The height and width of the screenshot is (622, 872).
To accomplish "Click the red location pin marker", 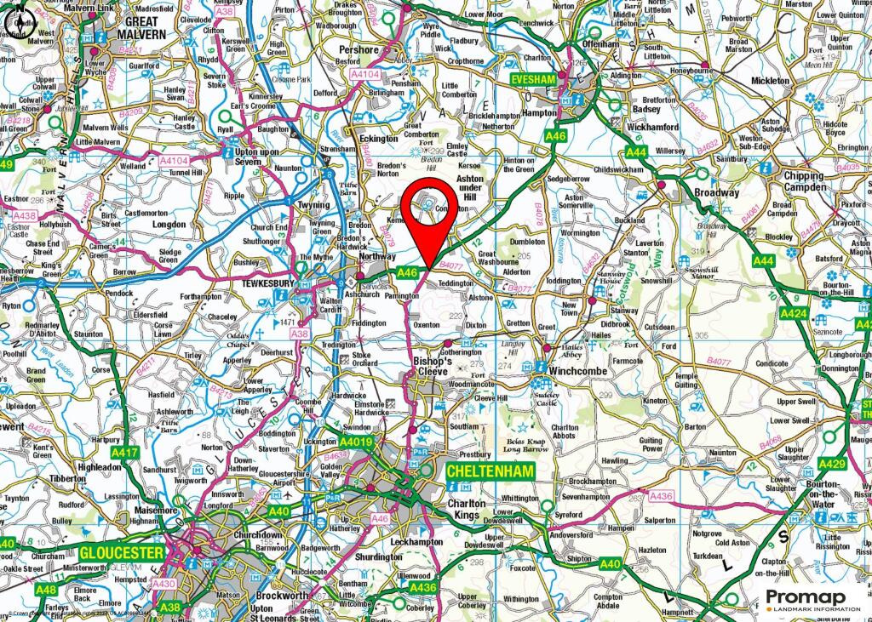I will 427,213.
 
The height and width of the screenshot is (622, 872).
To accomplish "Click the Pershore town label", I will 358,50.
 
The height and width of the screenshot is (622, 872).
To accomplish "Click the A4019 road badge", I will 356,442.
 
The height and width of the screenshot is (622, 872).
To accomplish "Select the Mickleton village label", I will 770,81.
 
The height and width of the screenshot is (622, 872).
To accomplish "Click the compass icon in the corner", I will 20,23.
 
